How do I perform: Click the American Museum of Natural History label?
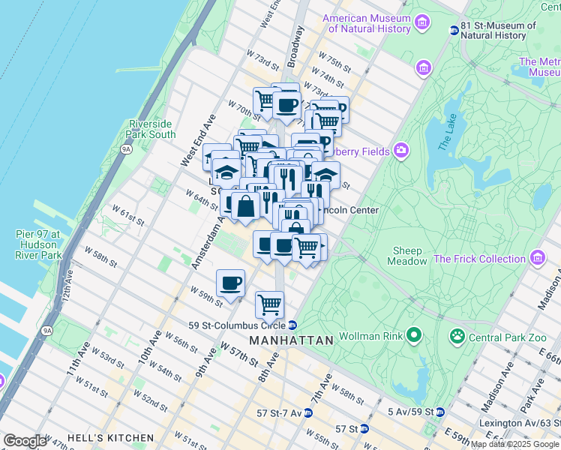367,23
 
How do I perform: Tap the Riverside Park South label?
152,129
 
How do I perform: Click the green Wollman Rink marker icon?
412,334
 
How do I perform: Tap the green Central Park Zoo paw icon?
456,334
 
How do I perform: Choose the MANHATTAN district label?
291,340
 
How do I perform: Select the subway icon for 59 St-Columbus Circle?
292,325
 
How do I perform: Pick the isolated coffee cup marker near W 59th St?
230,283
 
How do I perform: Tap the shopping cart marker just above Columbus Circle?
269,304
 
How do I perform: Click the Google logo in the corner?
25,441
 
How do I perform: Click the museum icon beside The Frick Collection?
537,259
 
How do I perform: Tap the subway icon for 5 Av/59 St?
440,412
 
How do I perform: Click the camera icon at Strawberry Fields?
401,151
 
